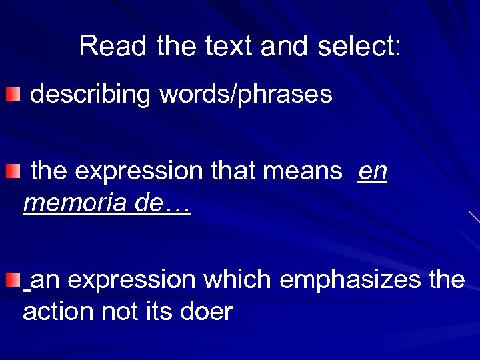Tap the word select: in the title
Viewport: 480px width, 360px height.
[359, 47]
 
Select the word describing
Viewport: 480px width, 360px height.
[91, 95]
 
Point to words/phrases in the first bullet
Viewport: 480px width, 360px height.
[245, 95]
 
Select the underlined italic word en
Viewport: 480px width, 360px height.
[372, 172]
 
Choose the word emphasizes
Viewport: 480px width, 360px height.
[350, 280]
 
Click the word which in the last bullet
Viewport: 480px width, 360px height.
[237, 280]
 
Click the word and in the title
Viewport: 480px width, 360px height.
[285, 47]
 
